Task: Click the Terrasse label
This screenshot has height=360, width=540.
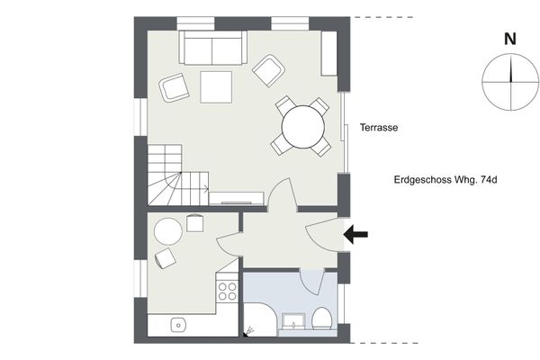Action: [x=379, y=128]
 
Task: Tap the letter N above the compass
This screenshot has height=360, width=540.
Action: [x=510, y=39]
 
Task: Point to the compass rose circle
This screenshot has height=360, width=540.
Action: [x=510, y=82]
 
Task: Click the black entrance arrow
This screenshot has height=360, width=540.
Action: [x=355, y=234]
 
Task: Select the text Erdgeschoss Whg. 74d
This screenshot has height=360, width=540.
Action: [x=445, y=180]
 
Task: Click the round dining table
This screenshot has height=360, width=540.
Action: [x=303, y=127]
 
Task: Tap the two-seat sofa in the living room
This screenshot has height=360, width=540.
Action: [x=212, y=48]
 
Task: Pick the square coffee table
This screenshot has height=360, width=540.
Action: [x=216, y=86]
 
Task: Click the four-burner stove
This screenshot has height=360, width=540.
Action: [x=228, y=292]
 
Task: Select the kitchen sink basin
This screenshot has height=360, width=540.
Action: [x=178, y=325]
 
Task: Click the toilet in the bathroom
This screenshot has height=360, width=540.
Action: [x=322, y=319]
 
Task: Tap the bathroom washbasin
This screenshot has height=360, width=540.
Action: [x=293, y=322]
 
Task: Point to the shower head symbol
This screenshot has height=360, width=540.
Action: [x=248, y=331]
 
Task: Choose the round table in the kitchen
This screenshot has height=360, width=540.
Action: [x=168, y=231]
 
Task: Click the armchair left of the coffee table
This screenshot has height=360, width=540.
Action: [x=175, y=87]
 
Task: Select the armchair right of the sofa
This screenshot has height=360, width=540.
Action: [x=268, y=70]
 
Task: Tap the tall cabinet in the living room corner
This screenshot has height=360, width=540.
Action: [x=328, y=53]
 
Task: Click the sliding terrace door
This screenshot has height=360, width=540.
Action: [x=344, y=132]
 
